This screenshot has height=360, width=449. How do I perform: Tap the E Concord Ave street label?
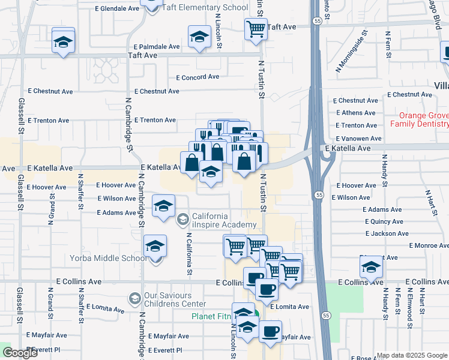[197, 77]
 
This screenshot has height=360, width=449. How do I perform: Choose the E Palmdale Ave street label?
[157, 47]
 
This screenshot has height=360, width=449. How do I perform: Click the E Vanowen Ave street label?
[358, 139]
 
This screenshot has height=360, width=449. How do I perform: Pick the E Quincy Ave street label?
[383, 221]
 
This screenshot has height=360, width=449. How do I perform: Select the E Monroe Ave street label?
[429, 245]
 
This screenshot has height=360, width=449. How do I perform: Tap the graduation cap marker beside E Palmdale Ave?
[199, 37]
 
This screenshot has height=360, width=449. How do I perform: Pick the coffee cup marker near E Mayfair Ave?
[270, 331]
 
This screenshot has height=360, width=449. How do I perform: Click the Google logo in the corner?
[20, 353]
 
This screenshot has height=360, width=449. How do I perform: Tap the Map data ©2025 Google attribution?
[411, 355]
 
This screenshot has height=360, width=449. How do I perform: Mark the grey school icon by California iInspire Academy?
[182, 221]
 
